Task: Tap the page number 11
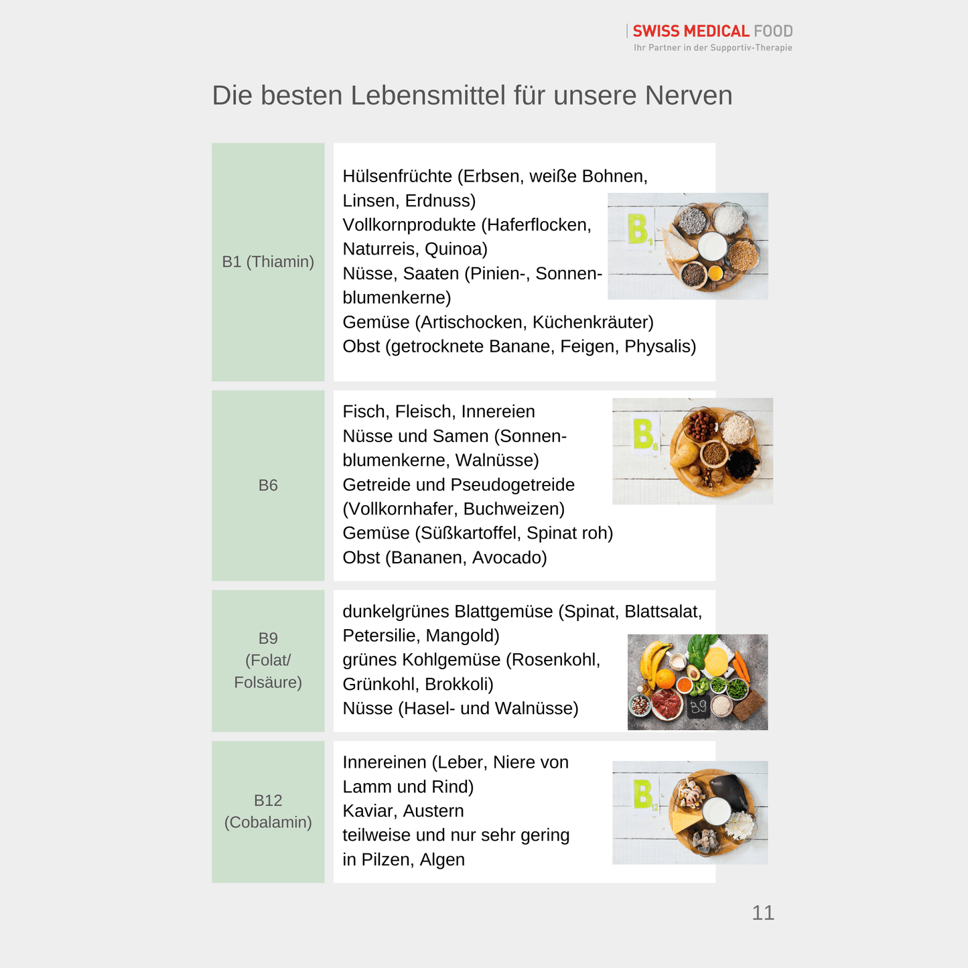click(762, 912)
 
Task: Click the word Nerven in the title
click(689, 95)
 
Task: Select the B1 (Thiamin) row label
click(268, 262)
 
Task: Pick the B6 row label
click(268, 485)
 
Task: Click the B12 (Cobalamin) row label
click(268, 811)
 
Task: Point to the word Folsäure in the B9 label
click(268, 682)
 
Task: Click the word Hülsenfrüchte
click(397, 176)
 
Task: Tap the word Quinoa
click(456, 249)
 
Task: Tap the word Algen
click(442, 859)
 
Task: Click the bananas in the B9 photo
click(654, 660)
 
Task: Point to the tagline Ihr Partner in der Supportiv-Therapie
click(713, 48)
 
